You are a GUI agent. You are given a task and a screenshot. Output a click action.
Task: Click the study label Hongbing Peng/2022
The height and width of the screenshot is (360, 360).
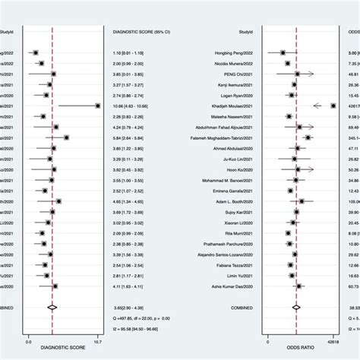point(236,52)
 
